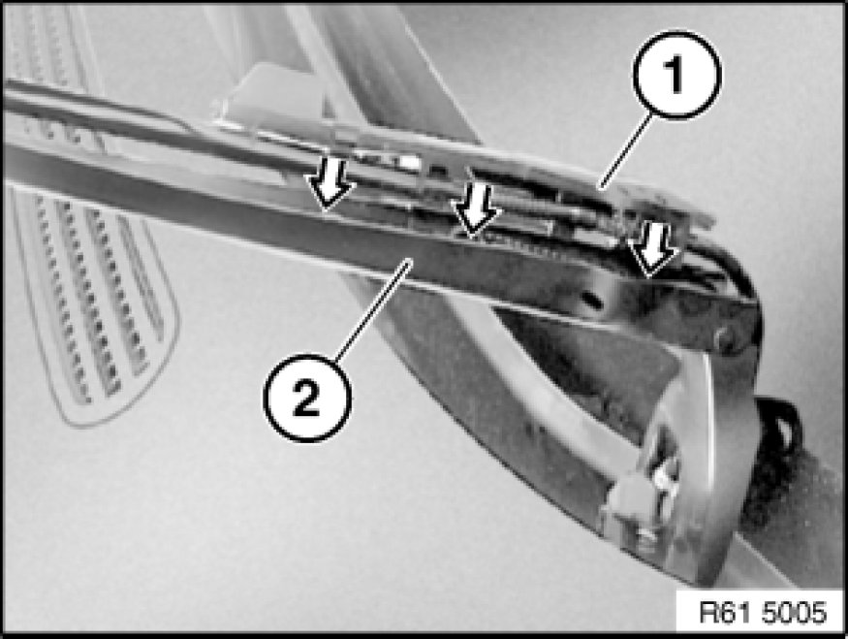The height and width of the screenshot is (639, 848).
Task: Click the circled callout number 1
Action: [x=677, y=75]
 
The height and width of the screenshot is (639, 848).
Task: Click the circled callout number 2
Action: [x=306, y=399]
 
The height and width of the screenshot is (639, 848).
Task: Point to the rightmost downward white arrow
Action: [x=653, y=250]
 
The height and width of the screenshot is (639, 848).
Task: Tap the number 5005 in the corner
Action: [x=795, y=613]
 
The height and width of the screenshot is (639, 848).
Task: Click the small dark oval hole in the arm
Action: [x=593, y=298]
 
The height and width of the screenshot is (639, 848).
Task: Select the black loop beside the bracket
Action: [x=779, y=432]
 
